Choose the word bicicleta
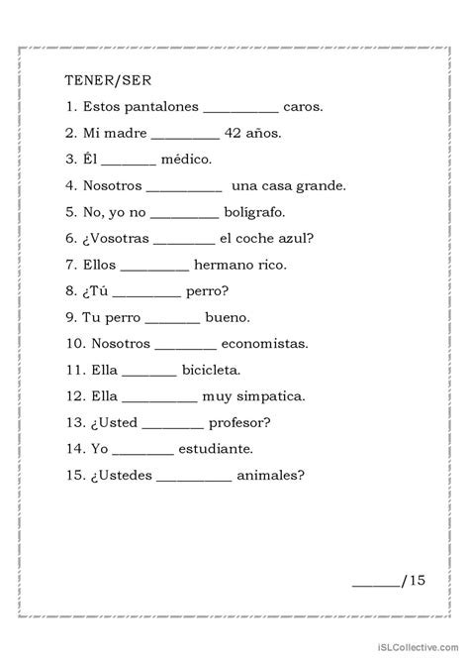pyautogui.click(x=211, y=370)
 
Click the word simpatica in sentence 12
pyautogui.click(x=267, y=396)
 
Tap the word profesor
pyautogui.click(x=240, y=422)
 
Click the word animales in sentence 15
pyautogui.click(x=270, y=475)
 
